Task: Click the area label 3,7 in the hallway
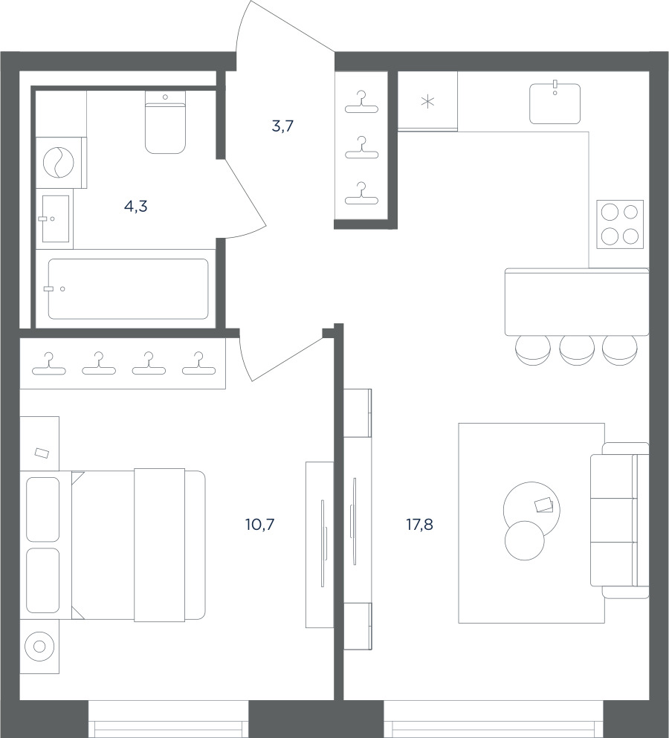coord(283,126)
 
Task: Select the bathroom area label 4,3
coord(136,206)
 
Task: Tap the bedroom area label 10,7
coord(259,524)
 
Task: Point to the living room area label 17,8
coord(419,524)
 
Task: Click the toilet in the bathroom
coord(165,122)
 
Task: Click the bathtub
coord(128,289)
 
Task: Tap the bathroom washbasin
coord(56,219)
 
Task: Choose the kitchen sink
coord(555,103)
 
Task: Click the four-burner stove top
coord(620,224)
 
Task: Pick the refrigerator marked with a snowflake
coord(427,101)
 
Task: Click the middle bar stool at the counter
coord(576,349)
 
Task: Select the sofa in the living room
coord(619,520)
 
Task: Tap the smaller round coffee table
coord(525,540)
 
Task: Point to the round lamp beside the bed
coord(39,647)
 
